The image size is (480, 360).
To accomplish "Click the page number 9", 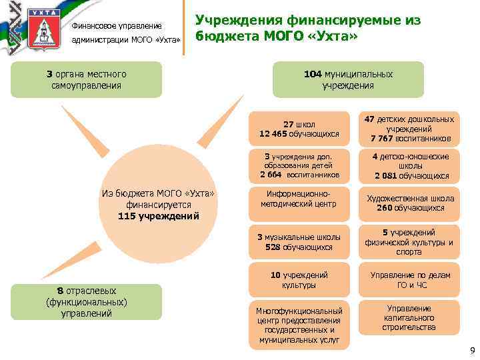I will click(x=472, y=351).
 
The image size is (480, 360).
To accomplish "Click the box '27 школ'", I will click(x=299, y=129).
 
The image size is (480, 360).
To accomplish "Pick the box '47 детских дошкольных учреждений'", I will click(x=409, y=129).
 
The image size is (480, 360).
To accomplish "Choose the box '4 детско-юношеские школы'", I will click(x=409, y=166).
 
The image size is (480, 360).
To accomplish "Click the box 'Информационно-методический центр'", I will click(x=299, y=203).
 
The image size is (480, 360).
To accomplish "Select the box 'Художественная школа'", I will click(x=409, y=203).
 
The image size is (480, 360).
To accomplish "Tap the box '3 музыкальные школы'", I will click(x=299, y=241).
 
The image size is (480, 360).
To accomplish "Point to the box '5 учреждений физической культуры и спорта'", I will click(x=409, y=241).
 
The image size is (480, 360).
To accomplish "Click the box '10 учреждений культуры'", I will click(x=299, y=280).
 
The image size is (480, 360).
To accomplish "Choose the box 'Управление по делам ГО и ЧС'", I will click(x=409, y=280).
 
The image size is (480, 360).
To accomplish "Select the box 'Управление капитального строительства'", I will click(x=409, y=317).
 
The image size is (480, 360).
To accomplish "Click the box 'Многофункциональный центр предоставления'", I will click(x=299, y=325).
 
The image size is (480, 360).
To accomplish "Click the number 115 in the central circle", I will click(x=127, y=217).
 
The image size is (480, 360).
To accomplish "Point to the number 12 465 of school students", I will click(x=277, y=134).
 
